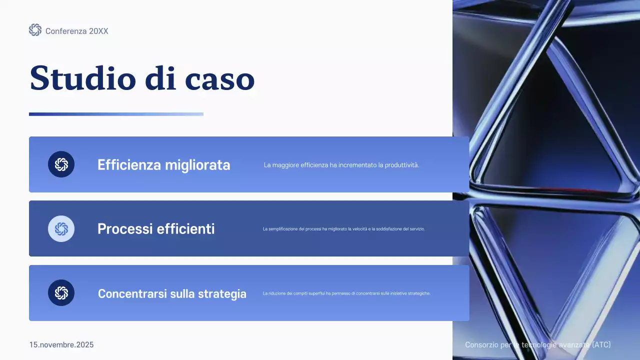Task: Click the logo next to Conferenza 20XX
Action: click(35, 30)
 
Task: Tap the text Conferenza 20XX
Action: click(76, 31)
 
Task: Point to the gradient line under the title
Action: click(116, 114)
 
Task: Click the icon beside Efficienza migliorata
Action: click(61, 164)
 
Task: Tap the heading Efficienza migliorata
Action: click(163, 165)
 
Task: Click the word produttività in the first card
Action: click(402, 165)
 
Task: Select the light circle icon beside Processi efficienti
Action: click(61, 228)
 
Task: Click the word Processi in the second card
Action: click(125, 229)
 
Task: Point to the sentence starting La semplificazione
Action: click(343, 229)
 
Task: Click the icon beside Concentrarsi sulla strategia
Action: click(61, 293)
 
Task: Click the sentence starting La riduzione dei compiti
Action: click(346, 293)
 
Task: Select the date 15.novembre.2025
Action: click(61, 345)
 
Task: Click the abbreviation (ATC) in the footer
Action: click(601, 345)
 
